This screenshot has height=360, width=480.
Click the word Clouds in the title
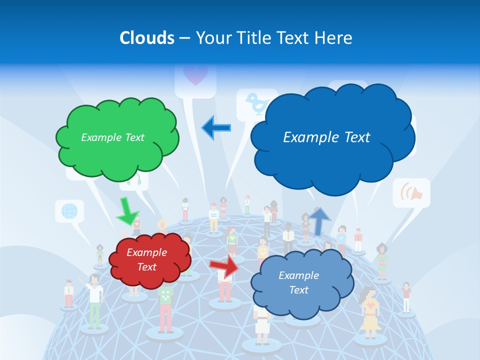click(x=147, y=38)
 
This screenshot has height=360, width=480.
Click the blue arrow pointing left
click(x=216, y=127)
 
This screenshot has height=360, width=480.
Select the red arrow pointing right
click(x=223, y=265)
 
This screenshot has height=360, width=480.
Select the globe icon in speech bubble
click(x=69, y=210)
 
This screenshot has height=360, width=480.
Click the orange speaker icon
click(x=412, y=192)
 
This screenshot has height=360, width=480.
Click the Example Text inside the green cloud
click(x=112, y=137)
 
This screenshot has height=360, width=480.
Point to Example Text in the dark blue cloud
click(x=326, y=137)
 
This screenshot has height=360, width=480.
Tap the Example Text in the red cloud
click(x=146, y=259)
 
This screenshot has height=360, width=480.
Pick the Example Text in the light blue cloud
click(x=298, y=282)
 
